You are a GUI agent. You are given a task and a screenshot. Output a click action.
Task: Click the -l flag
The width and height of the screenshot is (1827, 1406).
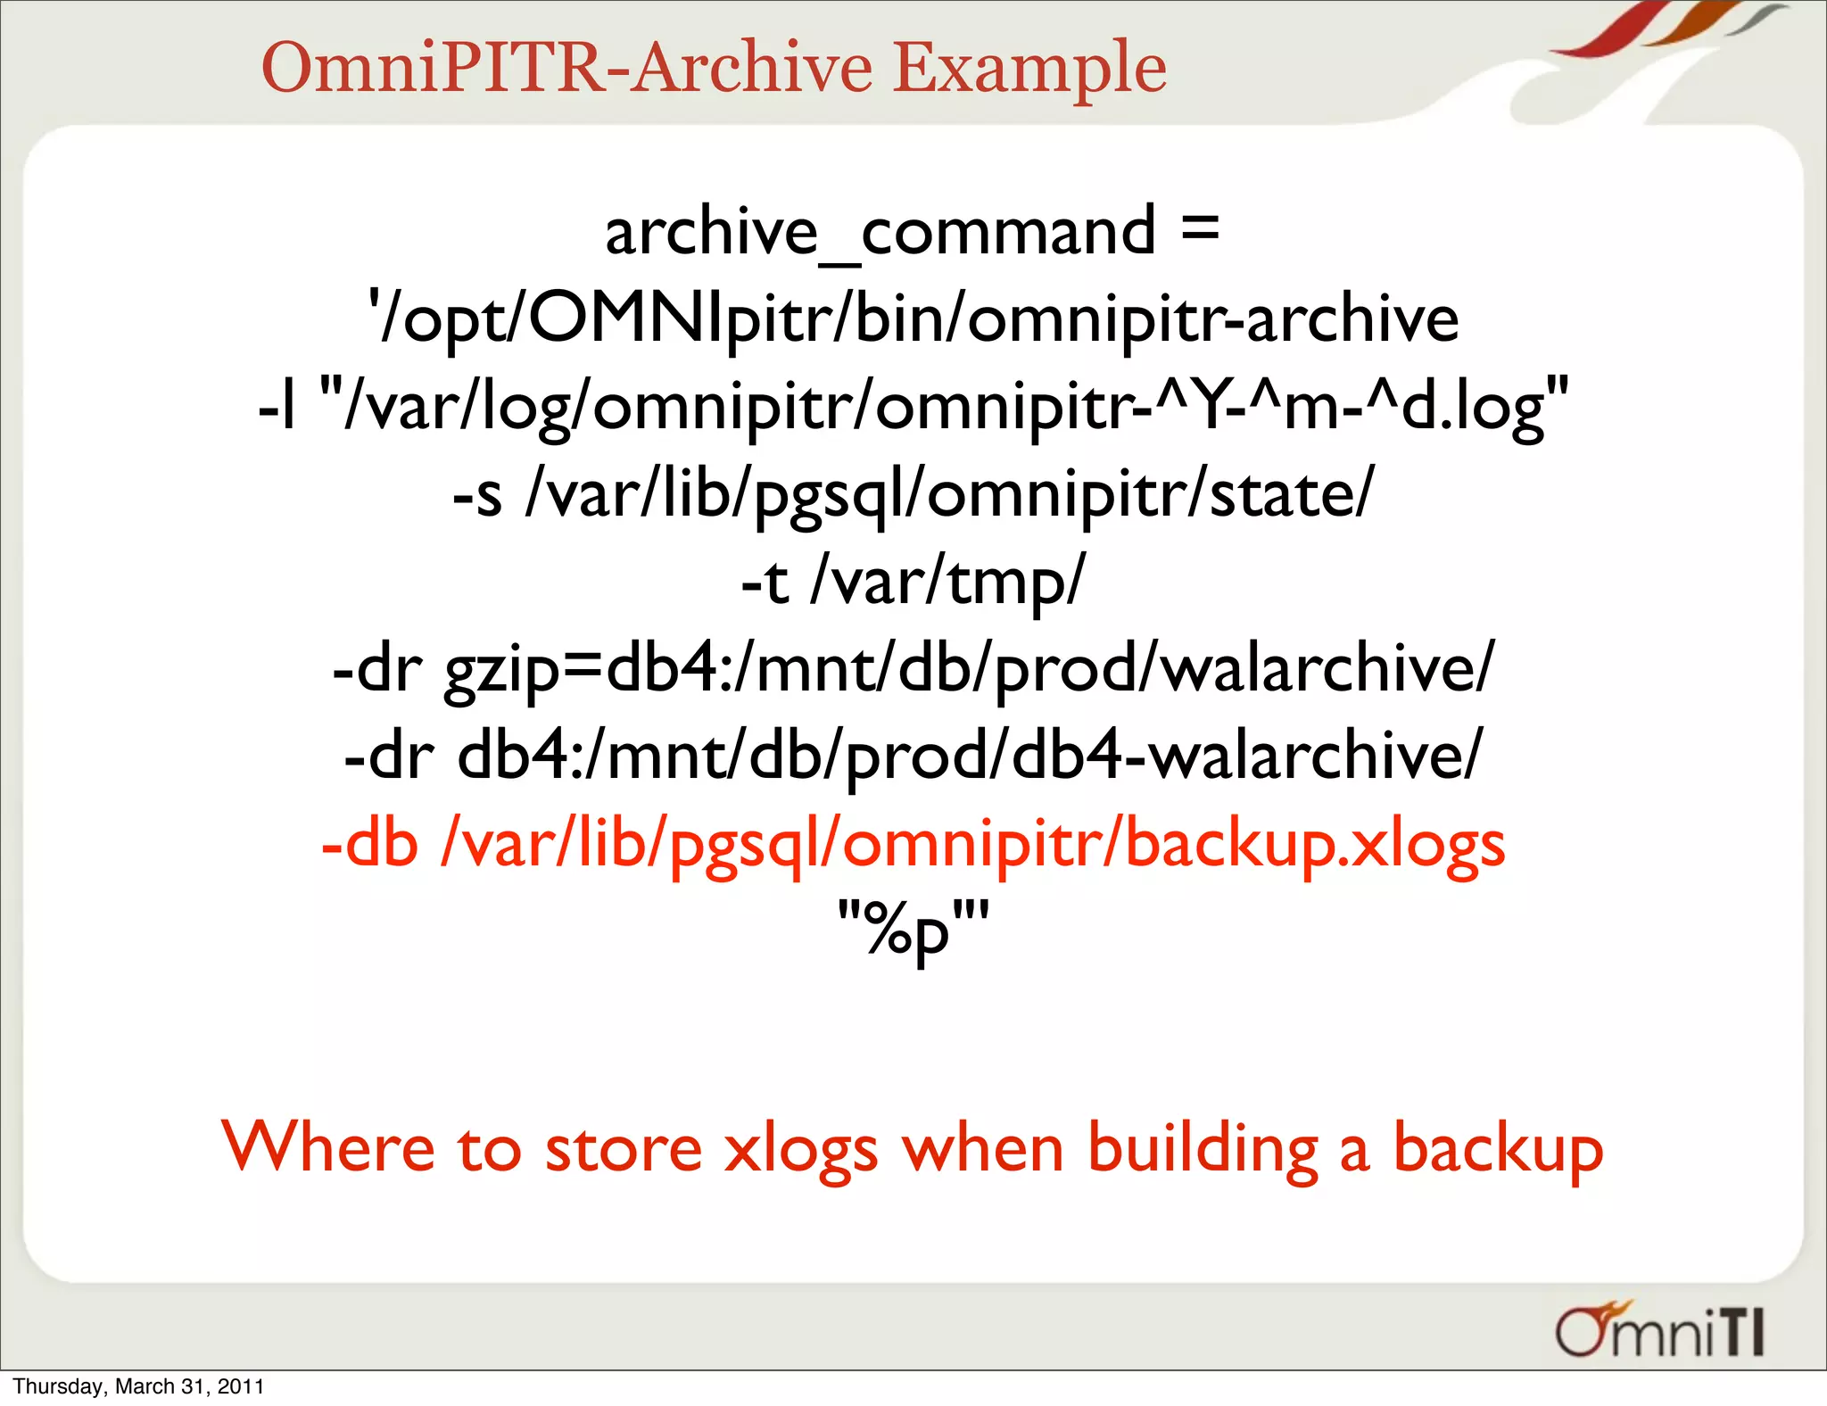point(277,407)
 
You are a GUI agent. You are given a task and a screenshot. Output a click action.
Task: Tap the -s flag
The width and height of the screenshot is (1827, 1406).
point(477,494)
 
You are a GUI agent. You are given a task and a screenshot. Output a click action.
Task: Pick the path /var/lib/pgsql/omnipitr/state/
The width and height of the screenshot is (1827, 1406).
point(950,494)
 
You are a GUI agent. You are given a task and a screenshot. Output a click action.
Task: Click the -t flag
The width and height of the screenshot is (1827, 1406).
point(765,582)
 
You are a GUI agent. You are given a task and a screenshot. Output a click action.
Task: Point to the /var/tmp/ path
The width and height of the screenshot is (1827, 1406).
point(947,582)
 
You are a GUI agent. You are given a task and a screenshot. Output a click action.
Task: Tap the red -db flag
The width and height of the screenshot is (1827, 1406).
point(369,843)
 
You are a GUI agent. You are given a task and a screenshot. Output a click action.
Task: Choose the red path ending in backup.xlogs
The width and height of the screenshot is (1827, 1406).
point(973,844)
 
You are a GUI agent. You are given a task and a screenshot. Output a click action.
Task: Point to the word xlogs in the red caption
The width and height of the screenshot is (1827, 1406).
point(800,1149)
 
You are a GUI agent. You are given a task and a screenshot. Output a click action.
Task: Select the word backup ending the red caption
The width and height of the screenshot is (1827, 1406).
point(1498,1149)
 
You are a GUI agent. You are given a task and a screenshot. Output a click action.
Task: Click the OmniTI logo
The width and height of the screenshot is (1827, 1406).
point(1659,1330)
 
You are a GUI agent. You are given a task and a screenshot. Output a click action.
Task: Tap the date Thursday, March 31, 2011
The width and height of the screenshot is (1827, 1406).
point(138,1386)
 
